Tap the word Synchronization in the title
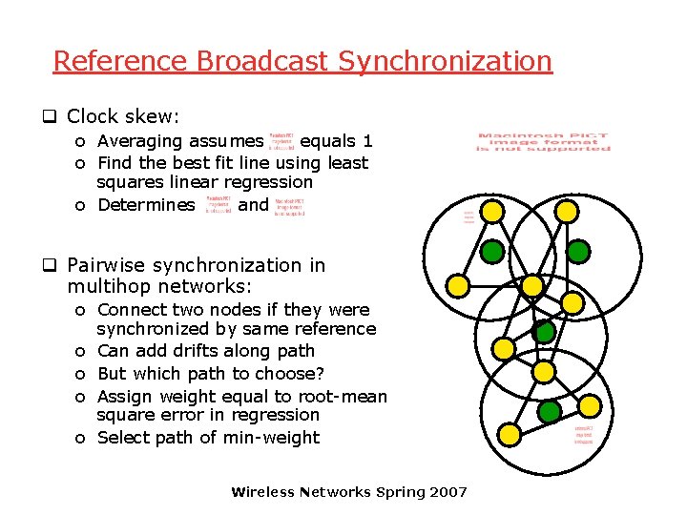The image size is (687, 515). [x=445, y=61]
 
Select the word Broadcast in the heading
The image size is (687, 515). [x=263, y=61]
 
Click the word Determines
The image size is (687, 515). [x=146, y=204]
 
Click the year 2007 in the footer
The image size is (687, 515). [x=448, y=492]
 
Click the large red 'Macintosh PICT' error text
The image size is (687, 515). [x=544, y=142]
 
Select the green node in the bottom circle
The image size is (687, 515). [x=550, y=412]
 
